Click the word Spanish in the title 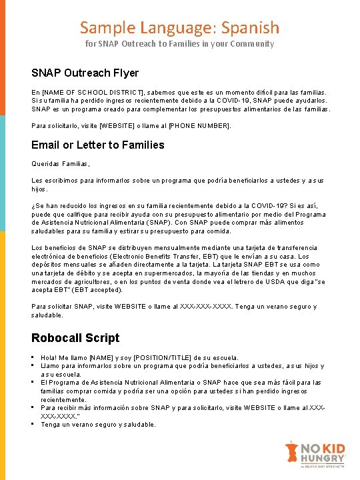click(x=250, y=27)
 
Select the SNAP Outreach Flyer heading click(x=85, y=73)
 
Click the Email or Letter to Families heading click(x=97, y=145)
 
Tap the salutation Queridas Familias click(x=60, y=163)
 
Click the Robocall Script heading click(x=75, y=337)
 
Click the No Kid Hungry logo click(x=315, y=455)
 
